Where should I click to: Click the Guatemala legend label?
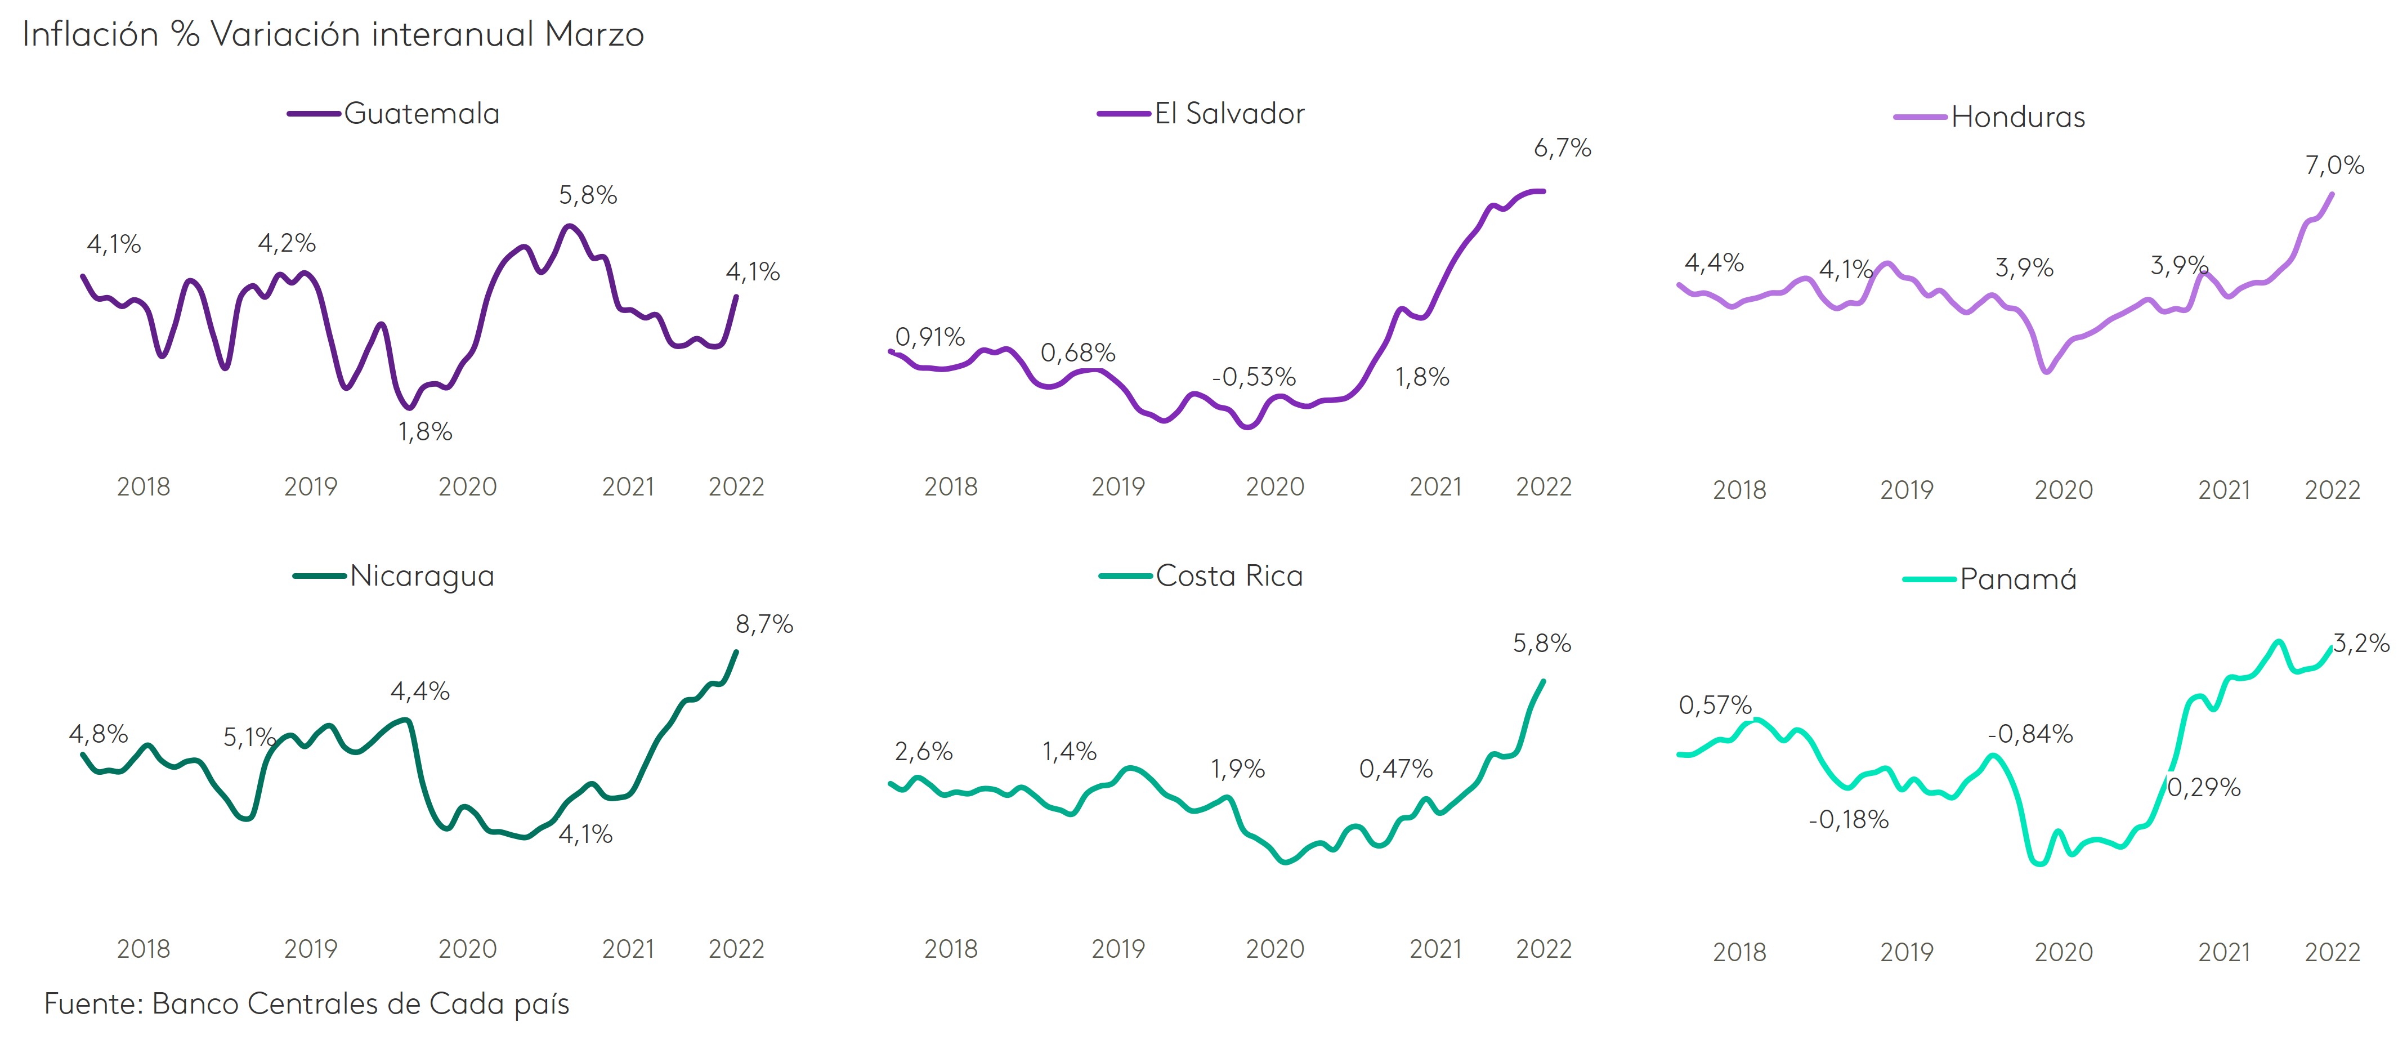(x=422, y=114)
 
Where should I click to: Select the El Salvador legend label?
(x=1229, y=114)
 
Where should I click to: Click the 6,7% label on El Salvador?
(x=1562, y=148)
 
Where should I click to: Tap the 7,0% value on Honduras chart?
(x=2334, y=166)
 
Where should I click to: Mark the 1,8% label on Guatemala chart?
(x=425, y=432)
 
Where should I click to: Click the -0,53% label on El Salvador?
(x=1253, y=377)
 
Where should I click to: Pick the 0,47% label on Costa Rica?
(x=1395, y=769)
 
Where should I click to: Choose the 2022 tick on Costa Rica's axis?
(x=1543, y=949)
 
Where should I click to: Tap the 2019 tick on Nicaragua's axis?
(x=310, y=949)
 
